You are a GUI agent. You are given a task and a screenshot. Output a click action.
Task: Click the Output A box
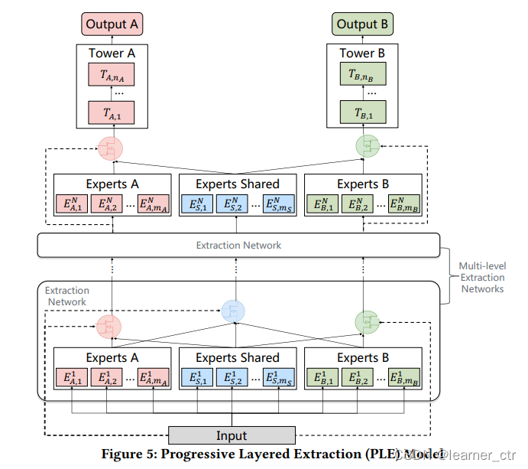(x=112, y=24)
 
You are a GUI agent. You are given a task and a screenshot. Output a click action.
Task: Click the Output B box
(x=363, y=24)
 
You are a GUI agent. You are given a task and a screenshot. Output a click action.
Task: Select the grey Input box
(x=231, y=435)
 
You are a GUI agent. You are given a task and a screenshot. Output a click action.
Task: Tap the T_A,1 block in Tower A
(x=112, y=112)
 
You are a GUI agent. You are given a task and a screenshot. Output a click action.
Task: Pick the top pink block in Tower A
(x=112, y=74)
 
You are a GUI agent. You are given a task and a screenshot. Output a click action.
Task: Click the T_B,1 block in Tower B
(x=363, y=112)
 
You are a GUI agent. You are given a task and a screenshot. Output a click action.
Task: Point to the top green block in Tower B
(x=363, y=74)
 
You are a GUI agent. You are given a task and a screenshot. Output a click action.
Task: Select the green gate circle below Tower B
(x=371, y=146)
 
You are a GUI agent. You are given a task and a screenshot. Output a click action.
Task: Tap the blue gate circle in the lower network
(x=234, y=310)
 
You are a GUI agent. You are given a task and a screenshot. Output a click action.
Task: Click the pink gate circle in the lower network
(x=110, y=327)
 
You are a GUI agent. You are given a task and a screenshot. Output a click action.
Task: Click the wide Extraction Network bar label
(x=238, y=245)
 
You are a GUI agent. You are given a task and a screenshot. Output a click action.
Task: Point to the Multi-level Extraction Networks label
(x=481, y=277)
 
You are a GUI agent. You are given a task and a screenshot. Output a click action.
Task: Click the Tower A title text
(x=112, y=53)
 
